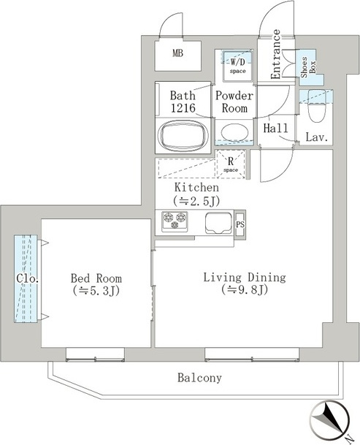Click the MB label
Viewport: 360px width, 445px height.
point(178,53)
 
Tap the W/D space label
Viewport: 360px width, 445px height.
point(238,66)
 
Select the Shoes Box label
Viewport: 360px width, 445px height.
point(308,67)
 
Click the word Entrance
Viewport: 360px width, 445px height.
point(275,54)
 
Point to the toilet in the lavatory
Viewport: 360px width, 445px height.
point(316,109)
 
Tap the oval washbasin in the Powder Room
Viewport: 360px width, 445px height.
point(235,134)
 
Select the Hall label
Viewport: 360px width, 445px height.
point(275,129)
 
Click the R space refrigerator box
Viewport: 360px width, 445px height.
point(231,164)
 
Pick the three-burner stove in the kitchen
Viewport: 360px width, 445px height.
point(175,221)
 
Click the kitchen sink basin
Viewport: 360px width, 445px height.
point(218,223)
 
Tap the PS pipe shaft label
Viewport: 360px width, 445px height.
point(240,224)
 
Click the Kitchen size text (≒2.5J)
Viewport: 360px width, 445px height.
point(196,201)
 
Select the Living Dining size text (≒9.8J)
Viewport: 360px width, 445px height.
point(245,289)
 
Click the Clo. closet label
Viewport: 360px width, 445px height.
point(27,278)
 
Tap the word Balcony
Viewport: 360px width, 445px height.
point(199,378)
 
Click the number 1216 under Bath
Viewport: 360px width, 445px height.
point(183,108)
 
